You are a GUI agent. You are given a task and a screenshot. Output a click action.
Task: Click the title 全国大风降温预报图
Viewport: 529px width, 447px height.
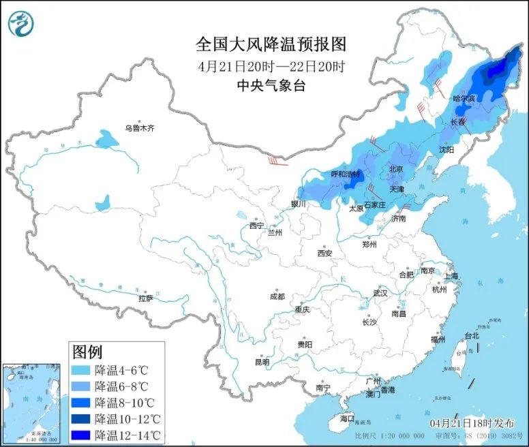(x=271, y=44)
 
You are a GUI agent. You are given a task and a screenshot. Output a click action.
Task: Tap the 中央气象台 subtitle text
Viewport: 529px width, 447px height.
(x=271, y=85)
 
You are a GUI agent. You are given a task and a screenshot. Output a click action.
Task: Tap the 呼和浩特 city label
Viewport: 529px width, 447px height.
(x=345, y=174)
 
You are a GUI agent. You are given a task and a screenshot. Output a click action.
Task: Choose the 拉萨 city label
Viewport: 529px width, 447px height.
(x=146, y=298)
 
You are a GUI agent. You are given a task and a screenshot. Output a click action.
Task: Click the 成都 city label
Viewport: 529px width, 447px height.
(x=277, y=296)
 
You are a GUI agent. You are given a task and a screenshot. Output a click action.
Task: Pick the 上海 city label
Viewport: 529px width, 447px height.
(x=451, y=276)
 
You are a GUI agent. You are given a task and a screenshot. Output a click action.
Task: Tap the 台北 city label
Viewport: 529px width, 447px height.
(x=472, y=335)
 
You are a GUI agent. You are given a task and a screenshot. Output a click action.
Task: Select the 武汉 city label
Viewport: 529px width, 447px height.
(x=380, y=293)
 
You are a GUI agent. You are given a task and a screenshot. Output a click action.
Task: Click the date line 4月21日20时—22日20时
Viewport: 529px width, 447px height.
(x=271, y=66)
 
